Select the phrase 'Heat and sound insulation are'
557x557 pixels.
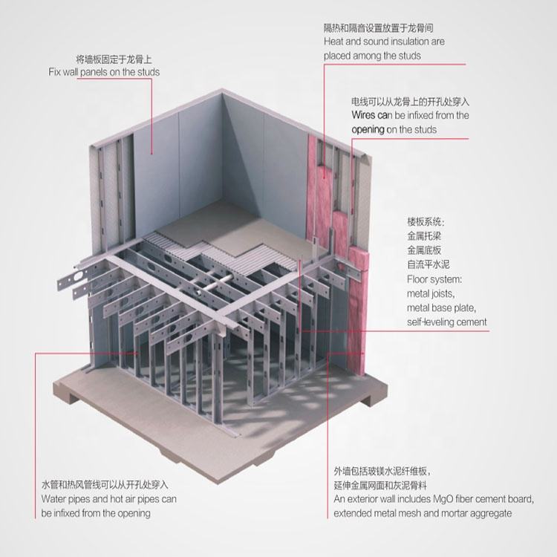(384, 42)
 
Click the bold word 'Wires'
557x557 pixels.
(365, 116)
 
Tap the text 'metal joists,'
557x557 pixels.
(432, 294)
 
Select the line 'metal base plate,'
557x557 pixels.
(441, 308)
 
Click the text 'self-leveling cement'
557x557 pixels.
(447, 322)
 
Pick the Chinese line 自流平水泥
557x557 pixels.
(429, 265)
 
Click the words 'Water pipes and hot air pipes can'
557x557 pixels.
(109, 499)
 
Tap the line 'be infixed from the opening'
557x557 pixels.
(96, 513)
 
